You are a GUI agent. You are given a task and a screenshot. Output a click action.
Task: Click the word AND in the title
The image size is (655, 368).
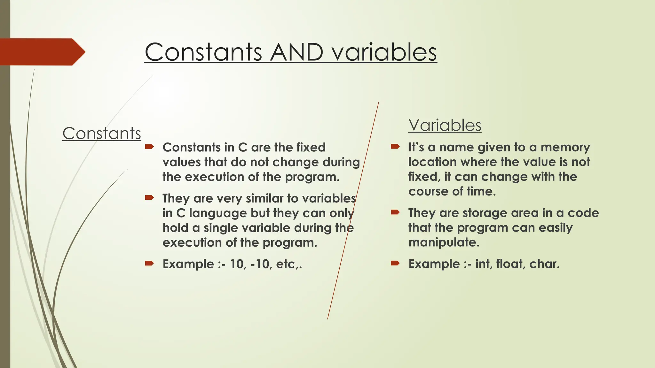pos(296,52)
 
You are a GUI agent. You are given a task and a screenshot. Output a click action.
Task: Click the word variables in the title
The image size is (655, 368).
pos(384,52)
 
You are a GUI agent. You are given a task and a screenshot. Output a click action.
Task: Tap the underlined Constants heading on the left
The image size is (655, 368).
pos(102,133)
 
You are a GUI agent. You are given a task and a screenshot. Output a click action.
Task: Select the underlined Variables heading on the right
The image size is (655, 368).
pos(445,125)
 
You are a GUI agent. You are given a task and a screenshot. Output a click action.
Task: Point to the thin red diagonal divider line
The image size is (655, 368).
pos(353,211)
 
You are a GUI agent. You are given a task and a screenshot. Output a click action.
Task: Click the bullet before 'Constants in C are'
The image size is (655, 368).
pos(149,147)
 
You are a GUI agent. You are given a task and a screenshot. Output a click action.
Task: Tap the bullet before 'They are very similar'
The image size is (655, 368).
pos(149,198)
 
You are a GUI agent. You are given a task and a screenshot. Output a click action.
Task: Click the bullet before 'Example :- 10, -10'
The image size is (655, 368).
pos(149,264)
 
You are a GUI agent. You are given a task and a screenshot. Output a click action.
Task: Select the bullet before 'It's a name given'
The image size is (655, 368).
pos(395,147)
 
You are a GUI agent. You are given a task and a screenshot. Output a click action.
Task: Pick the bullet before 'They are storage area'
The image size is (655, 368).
pos(395,212)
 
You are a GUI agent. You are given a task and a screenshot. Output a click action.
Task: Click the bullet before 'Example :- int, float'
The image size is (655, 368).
pos(395,263)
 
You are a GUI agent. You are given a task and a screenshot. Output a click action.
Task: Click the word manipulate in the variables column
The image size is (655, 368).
pos(444,242)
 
